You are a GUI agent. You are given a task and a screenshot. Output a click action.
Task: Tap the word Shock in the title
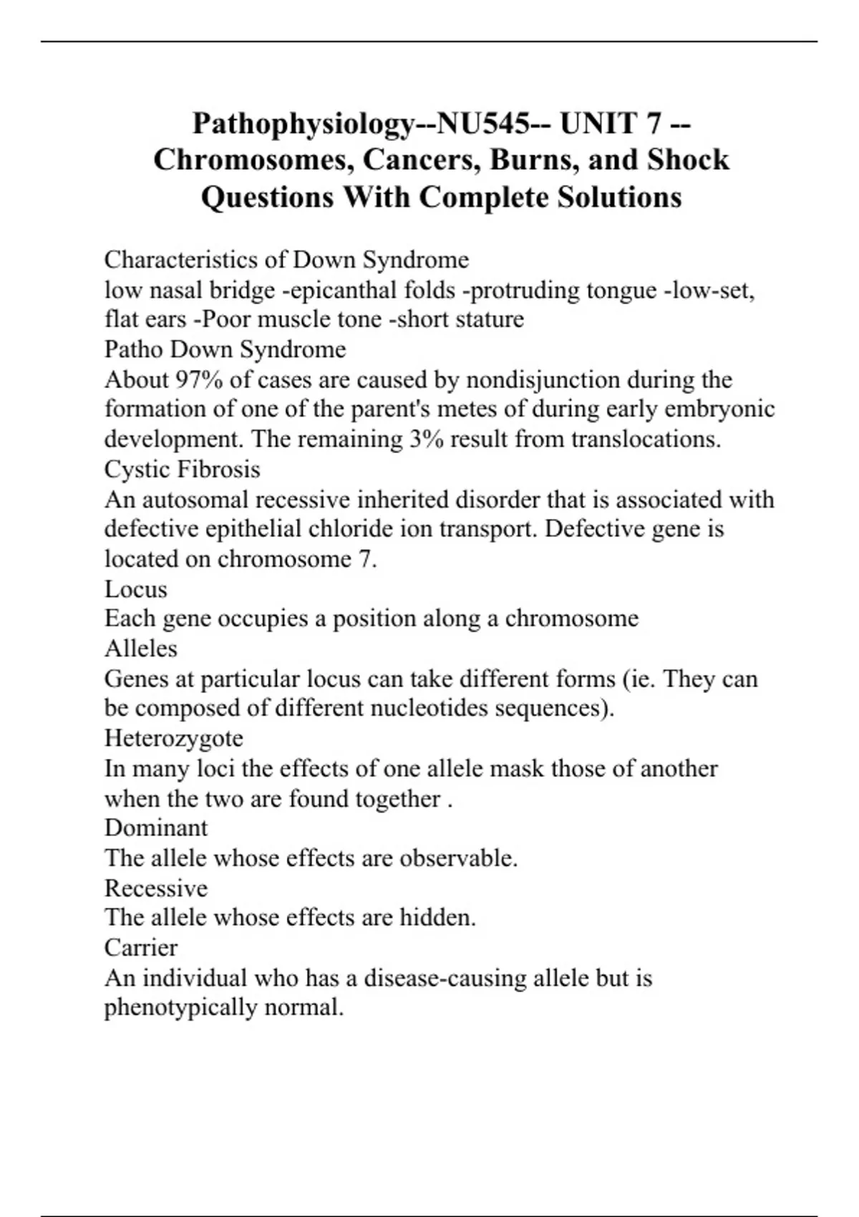(688, 160)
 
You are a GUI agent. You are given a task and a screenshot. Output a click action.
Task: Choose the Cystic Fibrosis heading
(182, 470)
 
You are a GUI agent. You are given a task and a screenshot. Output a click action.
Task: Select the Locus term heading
(135, 589)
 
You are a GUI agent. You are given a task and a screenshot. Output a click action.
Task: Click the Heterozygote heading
(173, 738)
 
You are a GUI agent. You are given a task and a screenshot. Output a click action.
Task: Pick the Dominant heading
(155, 828)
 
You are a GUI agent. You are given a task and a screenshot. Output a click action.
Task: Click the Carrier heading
(140, 948)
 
